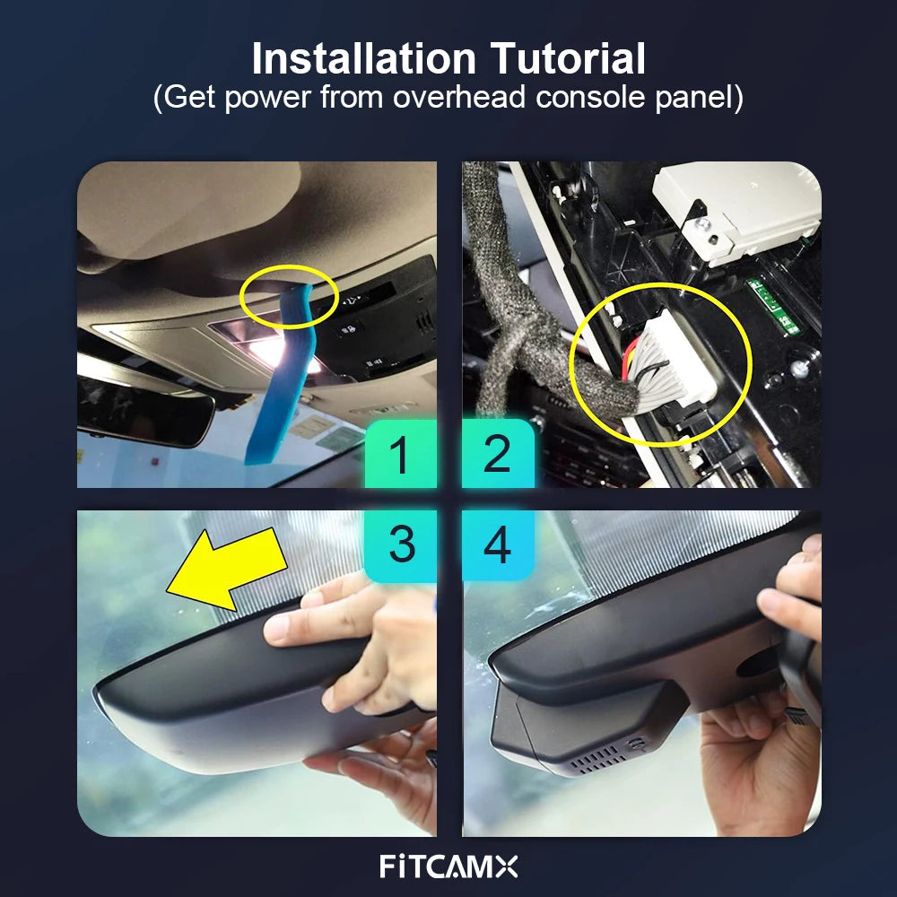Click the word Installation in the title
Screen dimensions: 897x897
pos(364,58)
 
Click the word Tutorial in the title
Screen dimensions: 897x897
pos(568,58)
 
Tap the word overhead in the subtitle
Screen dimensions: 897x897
pos(459,97)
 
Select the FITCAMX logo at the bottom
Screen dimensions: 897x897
pos(448,867)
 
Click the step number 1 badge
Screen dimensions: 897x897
pos(400,454)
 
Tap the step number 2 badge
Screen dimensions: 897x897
pos(498,454)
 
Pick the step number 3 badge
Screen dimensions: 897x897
pos(400,545)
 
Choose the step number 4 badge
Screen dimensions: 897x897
pos(498,545)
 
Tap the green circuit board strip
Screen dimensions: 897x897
pos(774,306)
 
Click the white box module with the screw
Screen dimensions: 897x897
pos(738,212)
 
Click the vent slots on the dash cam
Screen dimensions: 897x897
pos(597,759)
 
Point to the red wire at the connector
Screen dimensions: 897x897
pos(628,359)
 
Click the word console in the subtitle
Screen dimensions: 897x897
pos(590,97)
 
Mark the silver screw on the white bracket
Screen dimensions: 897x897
pos(703,223)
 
